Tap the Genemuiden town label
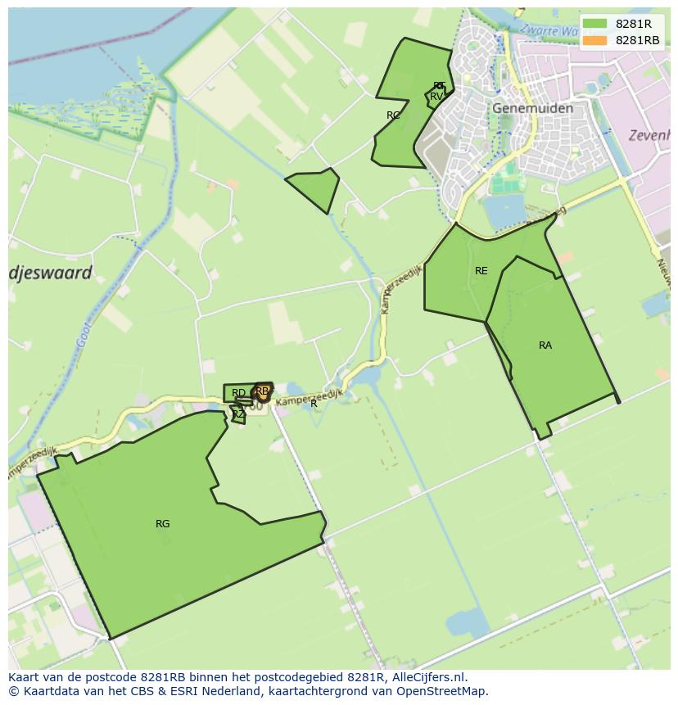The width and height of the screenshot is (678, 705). pyautogui.click(x=532, y=108)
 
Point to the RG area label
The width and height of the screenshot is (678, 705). pyautogui.click(x=162, y=524)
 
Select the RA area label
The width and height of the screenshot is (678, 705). pyautogui.click(x=545, y=346)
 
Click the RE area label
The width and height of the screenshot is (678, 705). pyautogui.click(x=481, y=271)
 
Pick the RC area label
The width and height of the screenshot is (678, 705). pyautogui.click(x=393, y=115)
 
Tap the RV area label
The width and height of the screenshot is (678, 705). pyautogui.click(x=436, y=97)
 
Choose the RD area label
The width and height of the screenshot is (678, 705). pyautogui.click(x=238, y=393)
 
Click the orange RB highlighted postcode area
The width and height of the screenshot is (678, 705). pyautogui.click(x=262, y=393)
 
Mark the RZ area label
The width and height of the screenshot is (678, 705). pyautogui.click(x=237, y=414)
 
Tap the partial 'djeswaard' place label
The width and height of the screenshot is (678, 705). pyautogui.click(x=51, y=273)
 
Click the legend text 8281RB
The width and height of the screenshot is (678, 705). pyautogui.click(x=637, y=40)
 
